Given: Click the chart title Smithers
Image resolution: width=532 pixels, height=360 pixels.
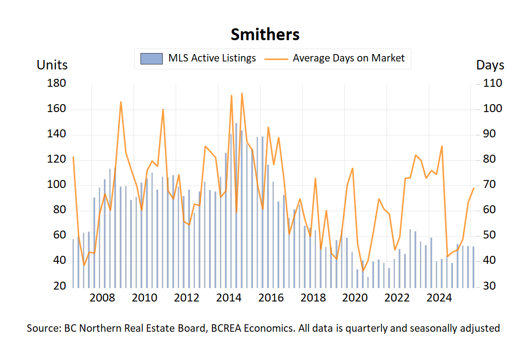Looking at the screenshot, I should (x=265, y=34).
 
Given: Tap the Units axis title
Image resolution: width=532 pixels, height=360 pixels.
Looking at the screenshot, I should (x=52, y=65).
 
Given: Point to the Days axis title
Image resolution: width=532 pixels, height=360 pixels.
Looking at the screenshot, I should (x=490, y=65).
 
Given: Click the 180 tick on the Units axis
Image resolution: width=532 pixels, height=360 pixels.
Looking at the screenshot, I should (x=56, y=83).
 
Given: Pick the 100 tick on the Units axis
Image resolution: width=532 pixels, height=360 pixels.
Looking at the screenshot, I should (x=56, y=185).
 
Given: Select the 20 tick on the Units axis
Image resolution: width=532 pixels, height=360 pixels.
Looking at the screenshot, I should (x=59, y=286).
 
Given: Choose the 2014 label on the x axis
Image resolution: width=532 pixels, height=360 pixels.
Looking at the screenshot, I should (x=229, y=299).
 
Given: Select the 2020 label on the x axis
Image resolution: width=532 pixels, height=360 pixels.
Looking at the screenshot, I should (x=355, y=299).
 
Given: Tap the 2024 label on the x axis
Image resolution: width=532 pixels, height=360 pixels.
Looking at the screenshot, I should (x=439, y=299).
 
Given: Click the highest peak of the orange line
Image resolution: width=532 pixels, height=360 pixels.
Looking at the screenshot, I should (x=242, y=93).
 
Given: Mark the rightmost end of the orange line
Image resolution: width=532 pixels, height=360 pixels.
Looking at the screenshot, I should (x=473, y=188).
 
